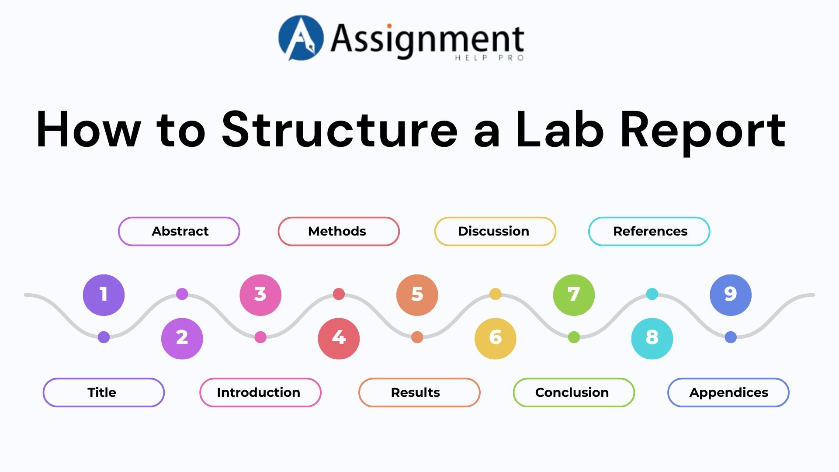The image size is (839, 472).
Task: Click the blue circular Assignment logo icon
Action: coord(301,38)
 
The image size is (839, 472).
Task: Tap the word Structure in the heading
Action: coord(340,130)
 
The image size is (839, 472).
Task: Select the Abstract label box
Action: coord(179,231)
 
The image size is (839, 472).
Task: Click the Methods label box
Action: coord(339,231)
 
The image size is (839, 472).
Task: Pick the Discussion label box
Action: coord(495,231)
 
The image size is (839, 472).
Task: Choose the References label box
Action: coord(649,231)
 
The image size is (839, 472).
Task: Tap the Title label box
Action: coord(104,392)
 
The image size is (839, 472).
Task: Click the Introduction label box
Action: coord(260,392)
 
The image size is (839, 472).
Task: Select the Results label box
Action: coord(419,392)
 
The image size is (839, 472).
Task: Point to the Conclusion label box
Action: coord(573,392)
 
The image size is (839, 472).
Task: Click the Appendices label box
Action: coord(728,392)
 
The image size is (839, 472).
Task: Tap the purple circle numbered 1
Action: coord(104,295)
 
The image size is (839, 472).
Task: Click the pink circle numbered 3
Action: coord(260,295)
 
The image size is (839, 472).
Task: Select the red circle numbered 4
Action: coord(339,339)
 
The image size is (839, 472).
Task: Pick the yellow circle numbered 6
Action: coord(495,339)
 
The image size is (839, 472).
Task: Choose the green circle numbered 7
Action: coord(574,295)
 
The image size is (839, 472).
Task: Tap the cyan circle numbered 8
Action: coord(652,339)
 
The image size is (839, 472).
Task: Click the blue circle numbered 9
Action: coord(731,295)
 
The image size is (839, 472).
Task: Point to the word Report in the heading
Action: coord(703,130)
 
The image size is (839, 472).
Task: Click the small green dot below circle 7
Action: coord(574,337)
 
